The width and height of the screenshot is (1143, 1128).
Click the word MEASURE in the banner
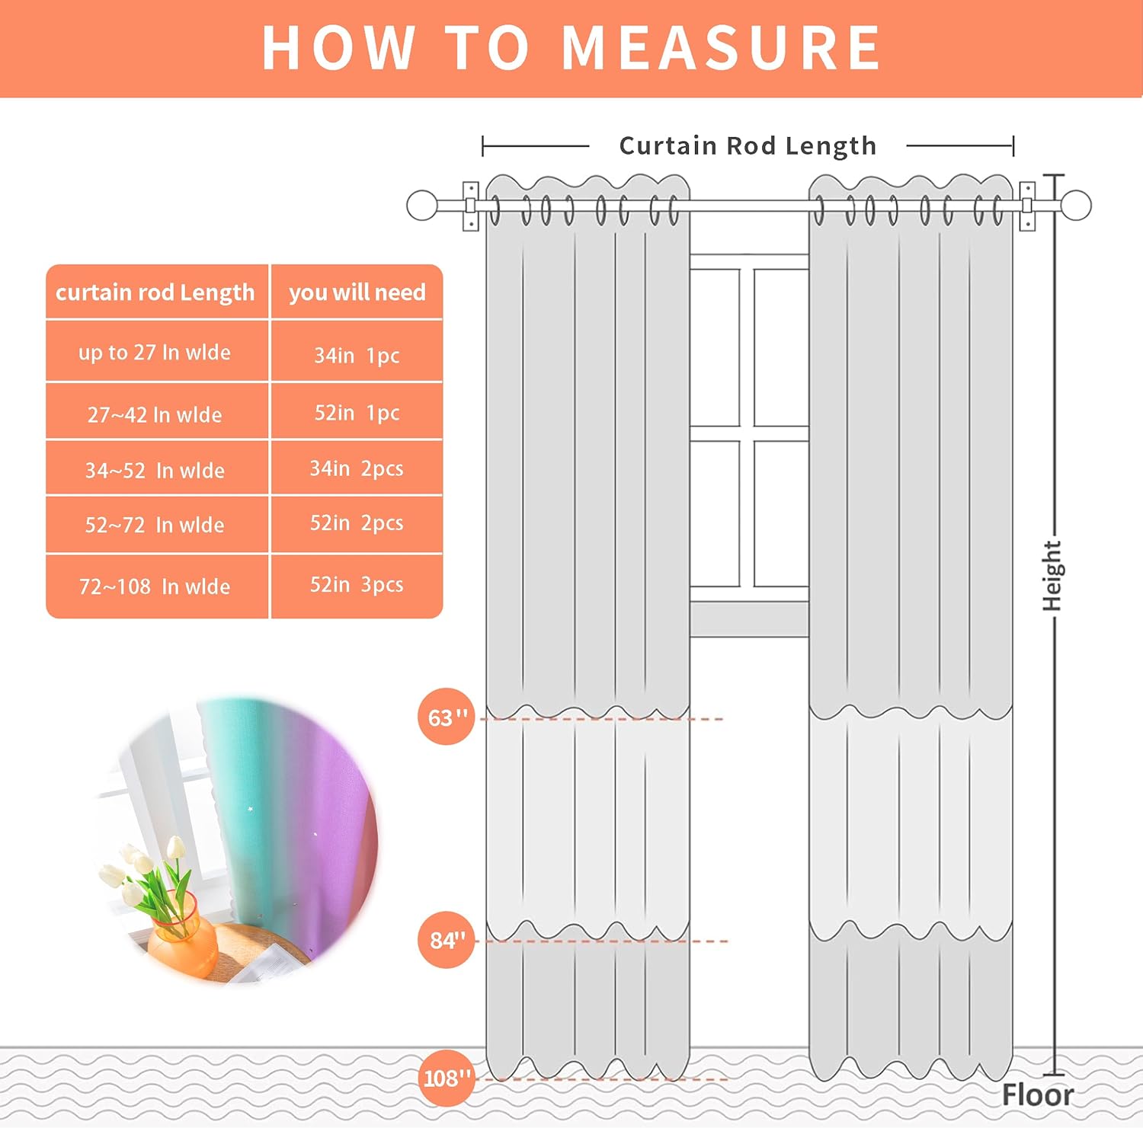(721, 48)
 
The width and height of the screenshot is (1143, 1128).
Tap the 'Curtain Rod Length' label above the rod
(748, 145)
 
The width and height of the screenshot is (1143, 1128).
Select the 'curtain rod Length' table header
(155, 292)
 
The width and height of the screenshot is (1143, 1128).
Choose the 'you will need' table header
(357, 292)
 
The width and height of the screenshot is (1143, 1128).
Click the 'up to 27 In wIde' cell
(155, 352)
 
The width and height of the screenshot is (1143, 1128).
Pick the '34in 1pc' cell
(357, 355)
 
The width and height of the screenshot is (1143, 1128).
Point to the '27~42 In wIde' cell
(155, 414)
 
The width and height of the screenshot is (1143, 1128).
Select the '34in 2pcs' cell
(357, 468)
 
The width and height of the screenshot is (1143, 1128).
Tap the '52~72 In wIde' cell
(155, 525)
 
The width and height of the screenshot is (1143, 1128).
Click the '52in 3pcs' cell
(357, 585)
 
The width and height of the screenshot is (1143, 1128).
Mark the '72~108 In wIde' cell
(155, 586)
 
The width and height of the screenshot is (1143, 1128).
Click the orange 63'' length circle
(446, 717)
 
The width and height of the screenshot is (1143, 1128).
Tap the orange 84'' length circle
(447, 940)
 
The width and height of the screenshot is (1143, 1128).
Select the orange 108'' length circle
(447, 1078)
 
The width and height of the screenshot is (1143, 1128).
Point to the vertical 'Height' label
(1052, 576)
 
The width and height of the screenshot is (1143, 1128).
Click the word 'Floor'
(1037, 1095)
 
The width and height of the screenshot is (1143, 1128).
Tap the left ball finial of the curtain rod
(422, 206)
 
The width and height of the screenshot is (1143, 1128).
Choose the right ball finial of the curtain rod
(1076, 206)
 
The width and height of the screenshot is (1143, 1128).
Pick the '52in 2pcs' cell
(357, 523)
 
